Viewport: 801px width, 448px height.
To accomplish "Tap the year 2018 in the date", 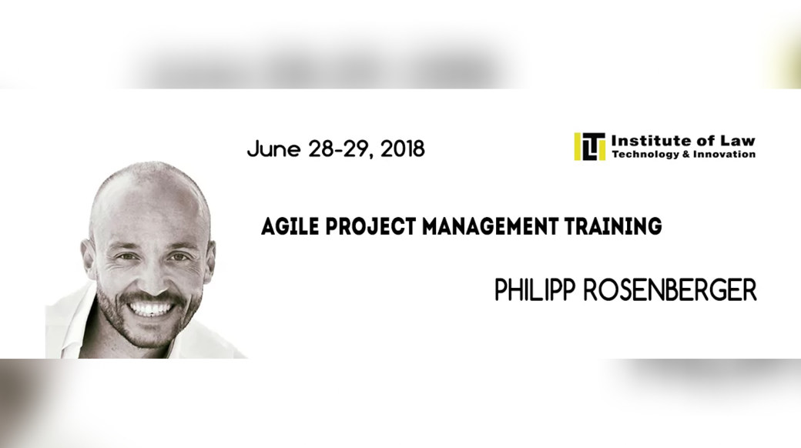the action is point(403,149).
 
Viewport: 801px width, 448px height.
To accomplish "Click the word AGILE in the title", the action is point(290,226).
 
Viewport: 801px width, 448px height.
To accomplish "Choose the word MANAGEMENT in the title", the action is point(491,226).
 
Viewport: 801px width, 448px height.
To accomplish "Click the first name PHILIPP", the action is point(535,289).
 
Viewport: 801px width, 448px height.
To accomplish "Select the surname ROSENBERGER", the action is point(670,289).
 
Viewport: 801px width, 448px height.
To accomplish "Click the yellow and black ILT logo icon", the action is point(589,146).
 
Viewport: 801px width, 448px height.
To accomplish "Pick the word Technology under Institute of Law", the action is point(645,154).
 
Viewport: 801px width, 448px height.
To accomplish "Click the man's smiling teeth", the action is point(150,309).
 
